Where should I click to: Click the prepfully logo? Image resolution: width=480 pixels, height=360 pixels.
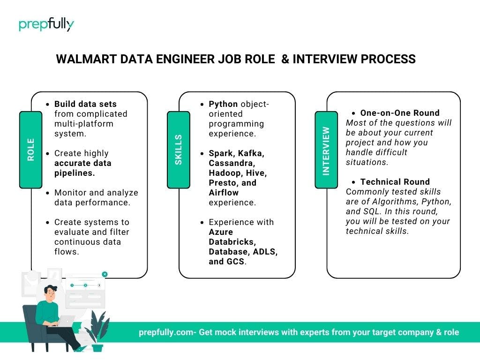pyautogui.click(x=46, y=24)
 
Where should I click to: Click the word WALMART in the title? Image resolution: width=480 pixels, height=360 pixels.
pyautogui.click(x=86, y=59)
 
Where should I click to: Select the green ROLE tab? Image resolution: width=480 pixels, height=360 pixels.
pyautogui.click(x=30, y=150)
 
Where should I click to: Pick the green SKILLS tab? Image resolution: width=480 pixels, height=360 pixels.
pyautogui.click(x=179, y=150)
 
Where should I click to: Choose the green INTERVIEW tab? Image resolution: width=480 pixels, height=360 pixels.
pyautogui.click(x=326, y=150)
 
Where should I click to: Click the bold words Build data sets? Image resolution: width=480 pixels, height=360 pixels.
pyautogui.click(x=85, y=104)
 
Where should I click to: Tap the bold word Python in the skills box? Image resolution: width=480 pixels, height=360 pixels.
pyautogui.click(x=223, y=105)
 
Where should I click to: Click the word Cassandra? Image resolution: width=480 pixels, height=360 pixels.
pyautogui.click(x=232, y=163)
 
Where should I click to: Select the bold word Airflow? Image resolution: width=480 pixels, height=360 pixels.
pyautogui.click(x=224, y=193)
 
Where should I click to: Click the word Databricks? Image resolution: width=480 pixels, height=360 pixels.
pyautogui.click(x=232, y=242)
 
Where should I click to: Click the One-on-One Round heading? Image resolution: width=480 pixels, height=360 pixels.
pyautogui.click(x=400, y=113)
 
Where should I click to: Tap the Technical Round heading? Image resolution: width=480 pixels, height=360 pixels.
pyautogui.click(x=395, y=182)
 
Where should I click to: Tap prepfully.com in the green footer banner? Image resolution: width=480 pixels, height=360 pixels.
pyautogui.click(x=166, y=332)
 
